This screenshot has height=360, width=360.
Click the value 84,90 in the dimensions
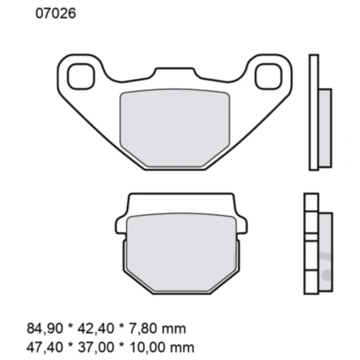pos(42,328)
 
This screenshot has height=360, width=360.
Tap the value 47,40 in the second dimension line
pos(42,345)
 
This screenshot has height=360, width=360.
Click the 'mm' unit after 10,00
pos(183,345)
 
